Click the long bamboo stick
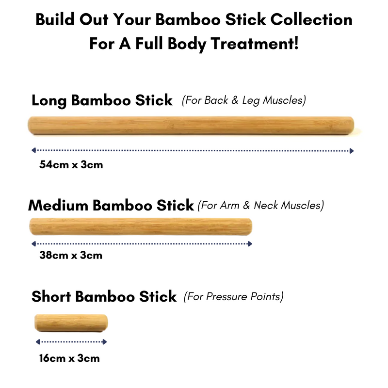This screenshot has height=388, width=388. (191, 125)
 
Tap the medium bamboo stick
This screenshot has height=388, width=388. (141, 226)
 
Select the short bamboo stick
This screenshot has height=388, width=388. (71, 323)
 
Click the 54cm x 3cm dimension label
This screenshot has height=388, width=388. (71, 164)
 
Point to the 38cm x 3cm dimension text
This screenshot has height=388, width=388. (71, 255)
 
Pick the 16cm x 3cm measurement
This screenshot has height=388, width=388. (69, 358)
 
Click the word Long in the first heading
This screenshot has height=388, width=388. (49, 100)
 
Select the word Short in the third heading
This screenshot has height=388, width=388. (51, 296)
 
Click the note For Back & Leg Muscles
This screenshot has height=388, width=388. (243, 100)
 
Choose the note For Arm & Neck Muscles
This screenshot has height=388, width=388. (260, 205)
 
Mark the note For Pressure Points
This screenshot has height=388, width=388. (233, 296)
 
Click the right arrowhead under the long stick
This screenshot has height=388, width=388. (352, 151)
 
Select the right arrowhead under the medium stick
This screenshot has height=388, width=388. (251, 243)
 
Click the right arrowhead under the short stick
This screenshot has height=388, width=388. (105, 342)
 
